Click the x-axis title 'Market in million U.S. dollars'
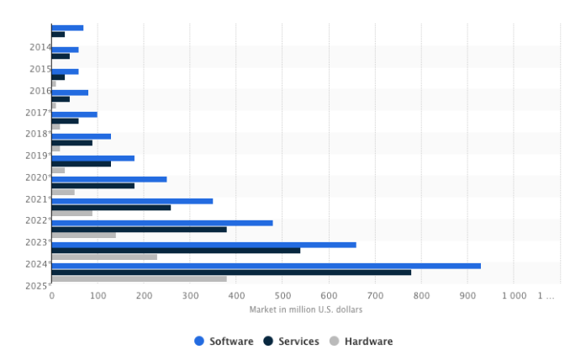point(305,310)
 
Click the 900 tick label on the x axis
point(468,295)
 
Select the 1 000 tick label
point(514,295)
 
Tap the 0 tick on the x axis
point(51,295)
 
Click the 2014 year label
point(40,47)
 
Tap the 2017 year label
point(37,113)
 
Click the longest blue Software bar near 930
point(266,266)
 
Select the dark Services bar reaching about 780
point(231,273)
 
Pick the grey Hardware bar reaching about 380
point(139,279)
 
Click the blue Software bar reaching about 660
point(203,245)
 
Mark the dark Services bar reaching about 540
point(176,251)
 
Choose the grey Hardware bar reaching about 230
point(104,257)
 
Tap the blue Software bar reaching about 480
point(161,223)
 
